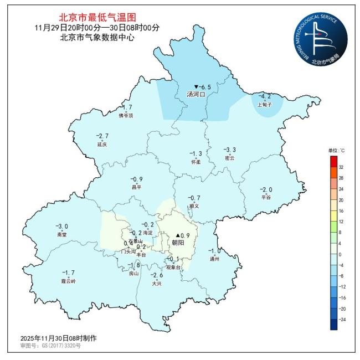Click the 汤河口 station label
196,95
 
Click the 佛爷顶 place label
126,116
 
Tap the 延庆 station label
101,144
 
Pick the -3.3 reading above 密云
229,150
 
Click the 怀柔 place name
196,162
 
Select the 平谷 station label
266,197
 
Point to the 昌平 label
136,187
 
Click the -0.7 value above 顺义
194,198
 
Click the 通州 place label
214,259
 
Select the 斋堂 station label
61,235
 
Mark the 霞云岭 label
68,281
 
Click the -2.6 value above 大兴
157,275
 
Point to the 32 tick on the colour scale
341,167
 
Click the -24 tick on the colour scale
342,319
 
